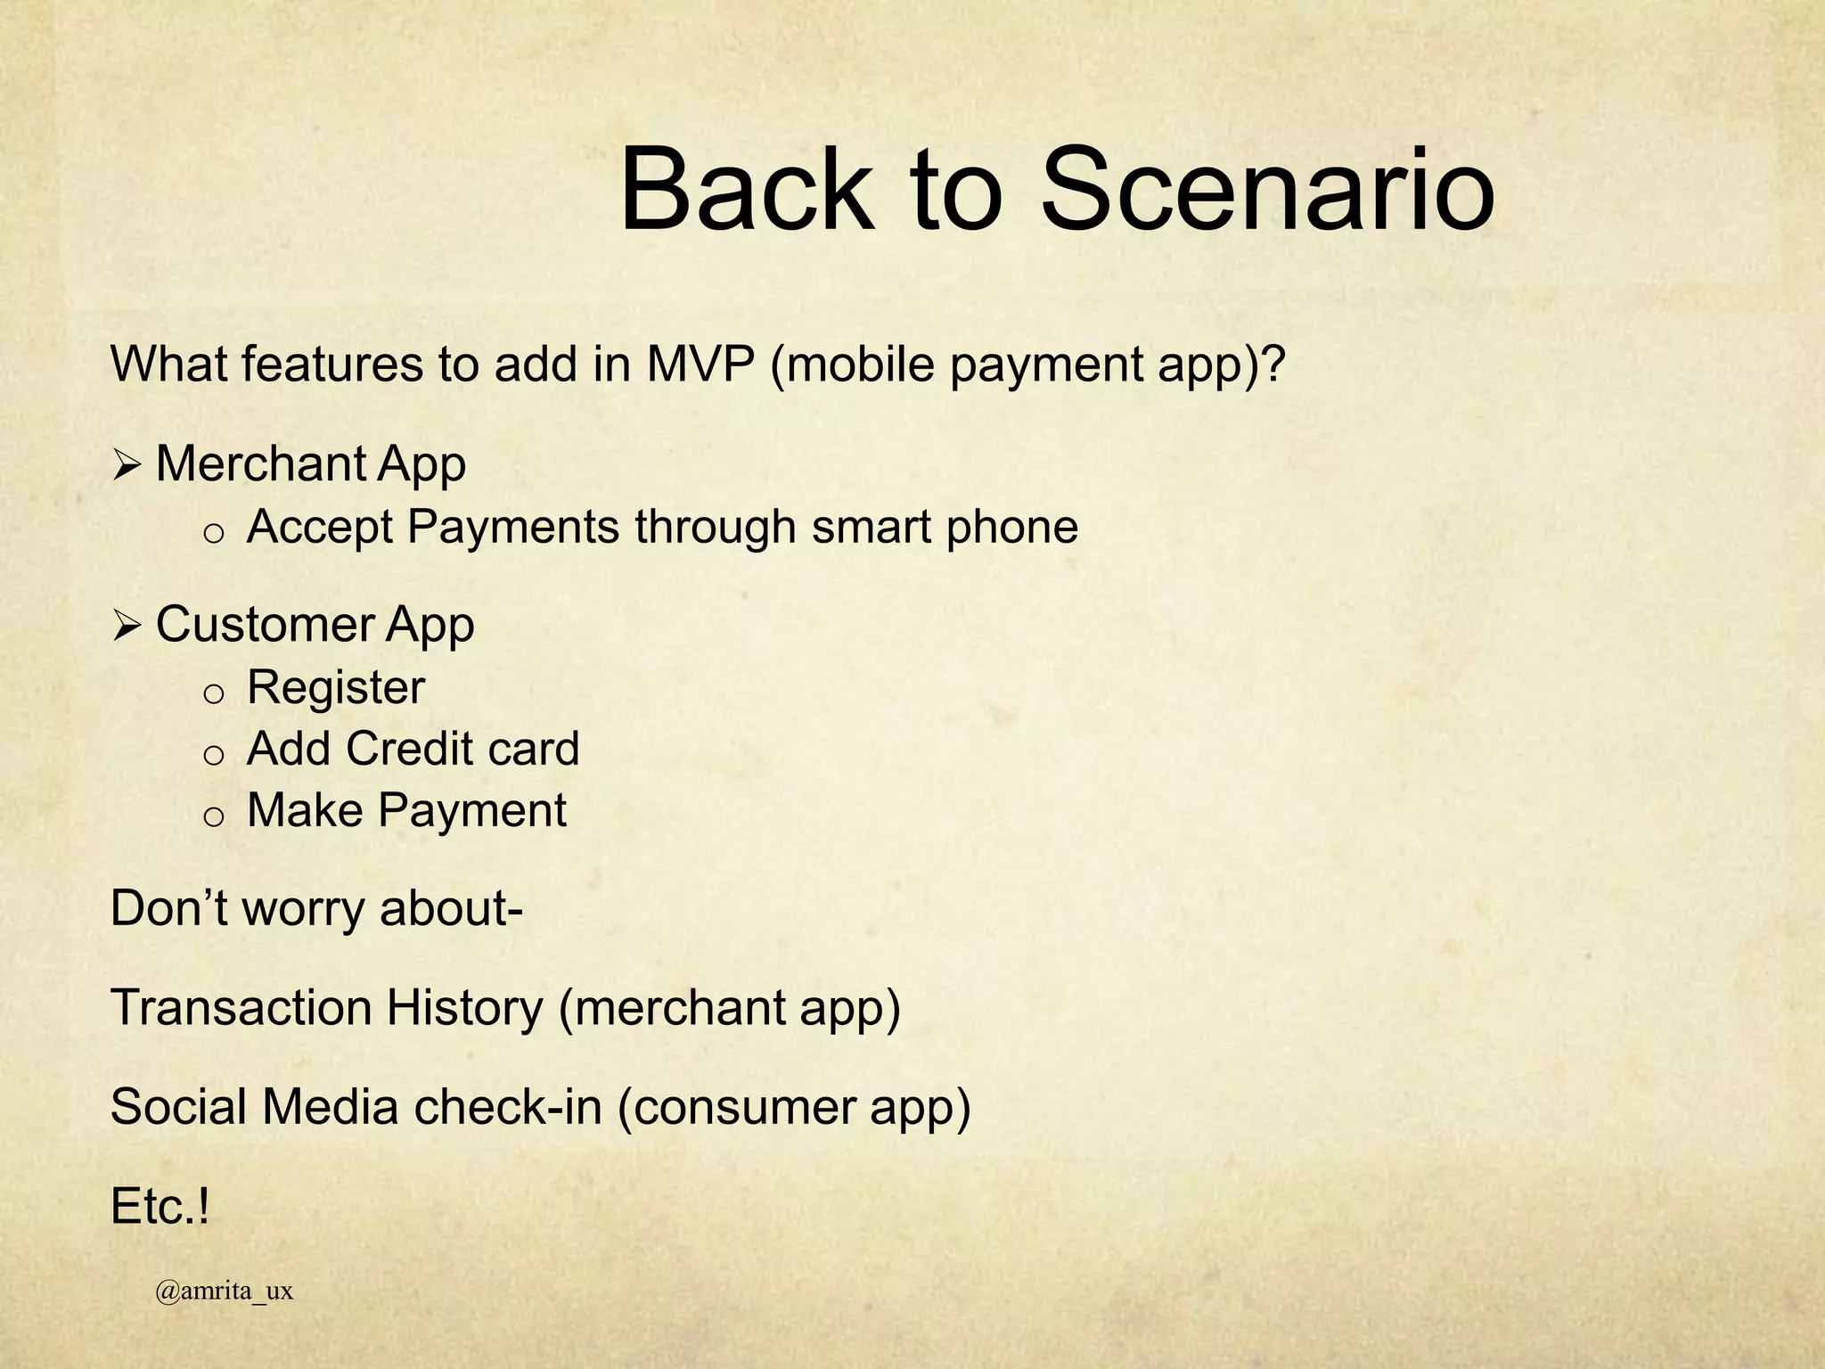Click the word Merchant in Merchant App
tap(260, 464)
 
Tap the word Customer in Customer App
tap(264, 625)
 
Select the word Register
tap(336, 688)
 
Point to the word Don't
tap(169, 909)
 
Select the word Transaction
tap(241, 1008)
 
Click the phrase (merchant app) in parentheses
tap(730, 1008)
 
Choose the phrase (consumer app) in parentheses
tap(793, 1108)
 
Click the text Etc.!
tap(160, 1208)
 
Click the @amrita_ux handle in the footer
tap(224, 1291)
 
